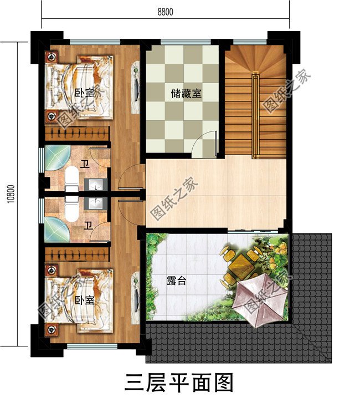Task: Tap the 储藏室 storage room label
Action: tap(186, 94)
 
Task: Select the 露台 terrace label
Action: tap(176, 281)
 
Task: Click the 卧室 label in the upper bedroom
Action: tap(84, 92)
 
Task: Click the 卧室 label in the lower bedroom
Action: tap(84, 300)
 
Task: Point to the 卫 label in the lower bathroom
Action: tap(87, 225)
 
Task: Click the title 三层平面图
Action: tap(179, 382)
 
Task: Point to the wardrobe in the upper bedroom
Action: tap(78, 134)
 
